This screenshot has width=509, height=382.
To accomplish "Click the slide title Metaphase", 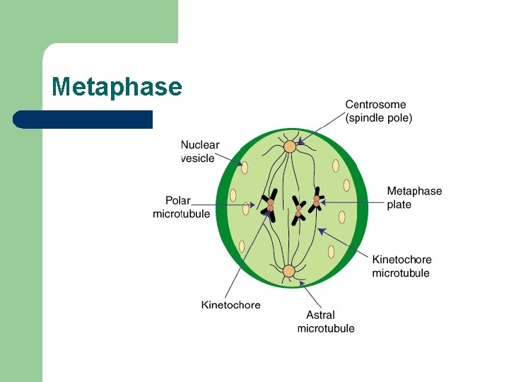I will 117,87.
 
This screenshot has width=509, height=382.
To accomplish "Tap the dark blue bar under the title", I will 83,119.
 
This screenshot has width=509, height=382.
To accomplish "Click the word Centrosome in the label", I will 375,105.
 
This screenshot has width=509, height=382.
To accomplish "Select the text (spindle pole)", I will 378,118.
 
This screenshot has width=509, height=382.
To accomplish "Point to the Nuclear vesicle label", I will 199,151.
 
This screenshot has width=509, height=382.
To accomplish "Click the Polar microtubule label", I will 181,207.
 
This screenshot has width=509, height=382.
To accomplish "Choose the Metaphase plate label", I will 414,197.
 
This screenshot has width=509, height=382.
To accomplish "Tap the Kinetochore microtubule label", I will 402,266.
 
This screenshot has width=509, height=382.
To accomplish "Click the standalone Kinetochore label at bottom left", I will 230,305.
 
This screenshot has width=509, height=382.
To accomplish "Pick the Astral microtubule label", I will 326,321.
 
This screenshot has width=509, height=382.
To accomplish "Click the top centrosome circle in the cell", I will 289,147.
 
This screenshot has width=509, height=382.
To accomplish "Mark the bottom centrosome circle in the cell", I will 288,270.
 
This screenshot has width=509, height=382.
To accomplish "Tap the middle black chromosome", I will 298,210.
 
